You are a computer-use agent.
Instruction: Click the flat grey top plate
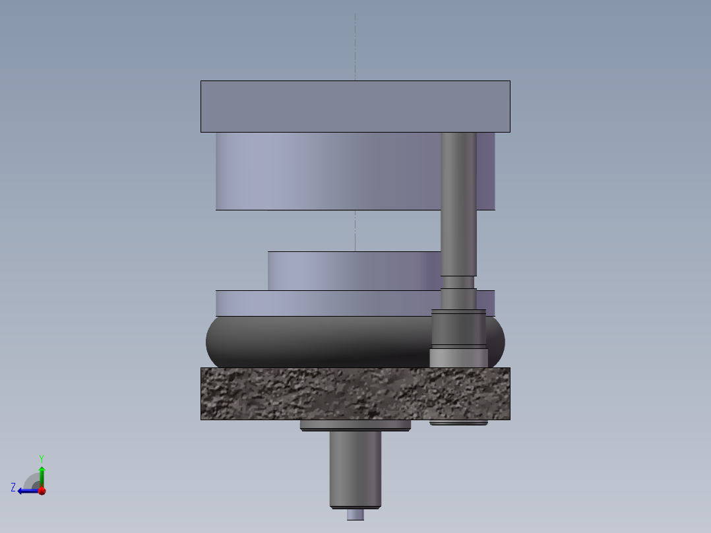[355, 106]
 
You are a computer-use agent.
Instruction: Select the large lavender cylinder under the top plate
[323, 172]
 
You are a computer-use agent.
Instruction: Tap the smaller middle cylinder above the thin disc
[350, 270]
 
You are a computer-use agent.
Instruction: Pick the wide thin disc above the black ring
[323, 303]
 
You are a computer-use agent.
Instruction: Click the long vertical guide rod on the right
[458, 198]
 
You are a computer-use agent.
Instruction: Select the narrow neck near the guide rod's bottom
[458, 282]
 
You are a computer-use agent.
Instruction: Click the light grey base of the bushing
[458, 358]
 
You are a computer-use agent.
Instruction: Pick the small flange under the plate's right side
[458, 422]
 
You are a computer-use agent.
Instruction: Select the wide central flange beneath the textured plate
[355, 425]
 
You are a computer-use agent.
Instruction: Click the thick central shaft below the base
[355, 468]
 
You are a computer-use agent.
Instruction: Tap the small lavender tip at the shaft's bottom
[355, 515]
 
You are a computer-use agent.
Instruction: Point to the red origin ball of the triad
[42, 491]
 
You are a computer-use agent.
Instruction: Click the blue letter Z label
[13, 487]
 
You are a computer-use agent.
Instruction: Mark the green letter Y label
[42, 458]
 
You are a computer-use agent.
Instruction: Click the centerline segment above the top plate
[355, 46]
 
